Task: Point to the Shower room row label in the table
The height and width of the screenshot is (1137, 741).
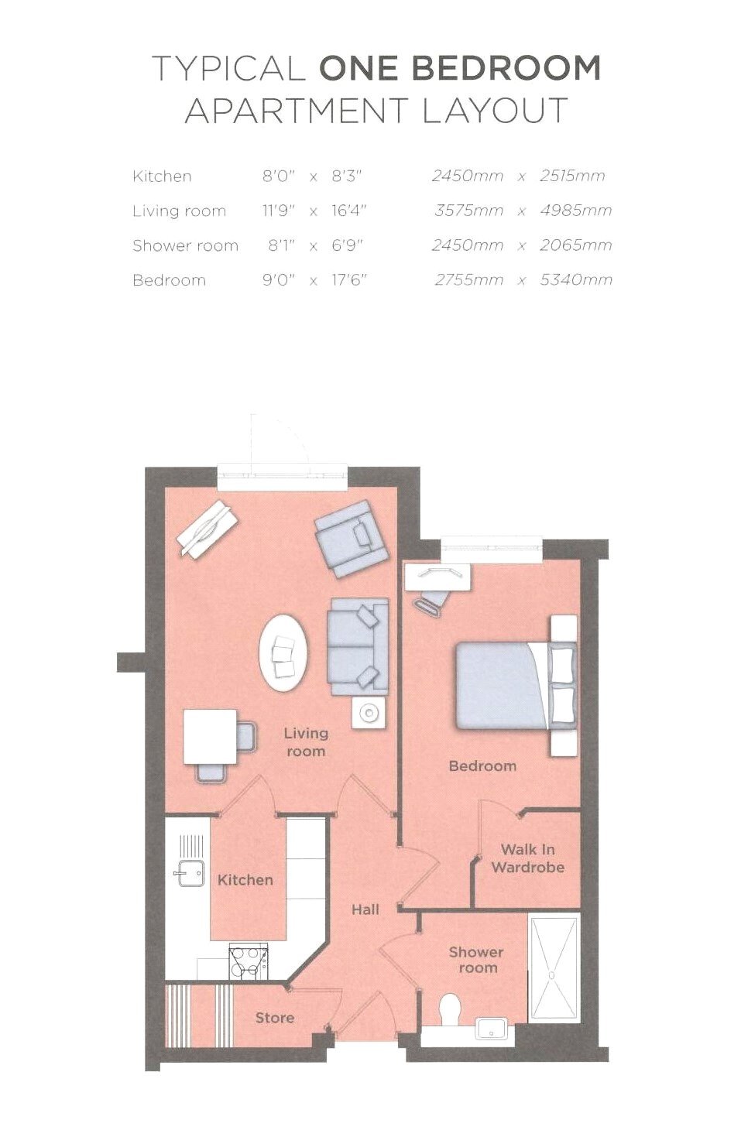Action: (185, 245)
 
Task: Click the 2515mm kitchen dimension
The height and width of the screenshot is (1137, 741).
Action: (572, 176)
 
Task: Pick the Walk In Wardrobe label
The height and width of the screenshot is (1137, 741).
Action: (527, 858)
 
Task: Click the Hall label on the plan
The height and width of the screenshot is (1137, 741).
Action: (365, 909)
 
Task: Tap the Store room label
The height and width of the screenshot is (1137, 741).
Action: (275, 1018)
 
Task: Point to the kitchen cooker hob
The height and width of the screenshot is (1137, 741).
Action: (248, 961)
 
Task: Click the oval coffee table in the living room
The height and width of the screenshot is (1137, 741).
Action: (283, 652)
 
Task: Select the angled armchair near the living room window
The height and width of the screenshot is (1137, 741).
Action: (352, 538)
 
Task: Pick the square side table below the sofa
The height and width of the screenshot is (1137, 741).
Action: (368, 712)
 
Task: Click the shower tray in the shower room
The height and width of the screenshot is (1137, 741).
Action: (553, 969)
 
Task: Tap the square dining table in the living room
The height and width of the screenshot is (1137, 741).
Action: (210, 736)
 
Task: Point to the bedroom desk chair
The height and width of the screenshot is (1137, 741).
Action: (431, 602)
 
